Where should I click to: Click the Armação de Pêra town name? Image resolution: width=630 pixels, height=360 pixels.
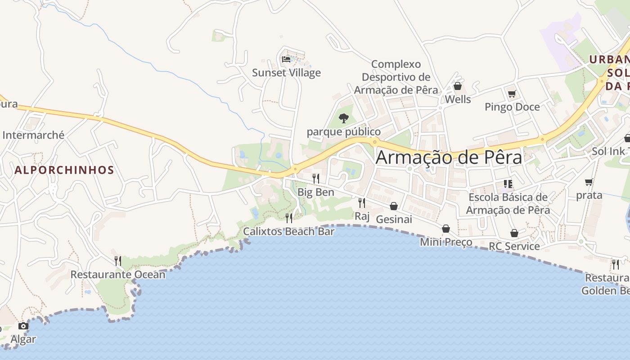click(449, 157)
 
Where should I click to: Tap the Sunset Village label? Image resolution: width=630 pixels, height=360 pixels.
click(286, 72)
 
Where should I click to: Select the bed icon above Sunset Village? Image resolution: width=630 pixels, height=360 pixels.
click(286, 59)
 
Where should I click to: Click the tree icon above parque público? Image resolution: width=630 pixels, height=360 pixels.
click(344, 118)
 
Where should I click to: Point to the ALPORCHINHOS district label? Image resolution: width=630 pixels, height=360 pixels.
click(64, 170)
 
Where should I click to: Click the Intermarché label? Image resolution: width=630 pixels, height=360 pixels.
click(33, 135)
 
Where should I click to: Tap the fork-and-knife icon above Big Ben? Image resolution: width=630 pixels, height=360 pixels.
click(316, 178)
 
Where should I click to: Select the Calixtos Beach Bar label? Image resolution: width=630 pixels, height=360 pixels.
click(289, 231)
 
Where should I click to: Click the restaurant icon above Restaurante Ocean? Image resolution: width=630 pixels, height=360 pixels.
click(118, 261)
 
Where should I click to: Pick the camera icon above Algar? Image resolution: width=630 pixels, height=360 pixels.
click(23, 326)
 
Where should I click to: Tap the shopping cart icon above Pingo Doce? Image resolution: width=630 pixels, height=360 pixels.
click(512, 94)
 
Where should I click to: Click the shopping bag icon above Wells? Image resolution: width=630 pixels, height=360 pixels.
click(458, 86)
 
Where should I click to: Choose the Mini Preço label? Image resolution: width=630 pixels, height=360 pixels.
click(446, 242)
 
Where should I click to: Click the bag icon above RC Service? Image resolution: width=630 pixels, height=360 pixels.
click(514, 233)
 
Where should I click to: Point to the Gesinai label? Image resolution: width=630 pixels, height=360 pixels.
click(394, 219)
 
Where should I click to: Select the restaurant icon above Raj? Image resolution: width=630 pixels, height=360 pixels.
click(362, 202)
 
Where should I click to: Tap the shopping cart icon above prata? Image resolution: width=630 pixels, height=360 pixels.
click(589, 182)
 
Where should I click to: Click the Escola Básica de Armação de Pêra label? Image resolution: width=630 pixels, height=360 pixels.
click(508, 203)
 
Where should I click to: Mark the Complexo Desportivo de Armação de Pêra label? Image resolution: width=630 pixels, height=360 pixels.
click(396, 77)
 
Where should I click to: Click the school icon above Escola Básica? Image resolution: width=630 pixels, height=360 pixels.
click(508, 184)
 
